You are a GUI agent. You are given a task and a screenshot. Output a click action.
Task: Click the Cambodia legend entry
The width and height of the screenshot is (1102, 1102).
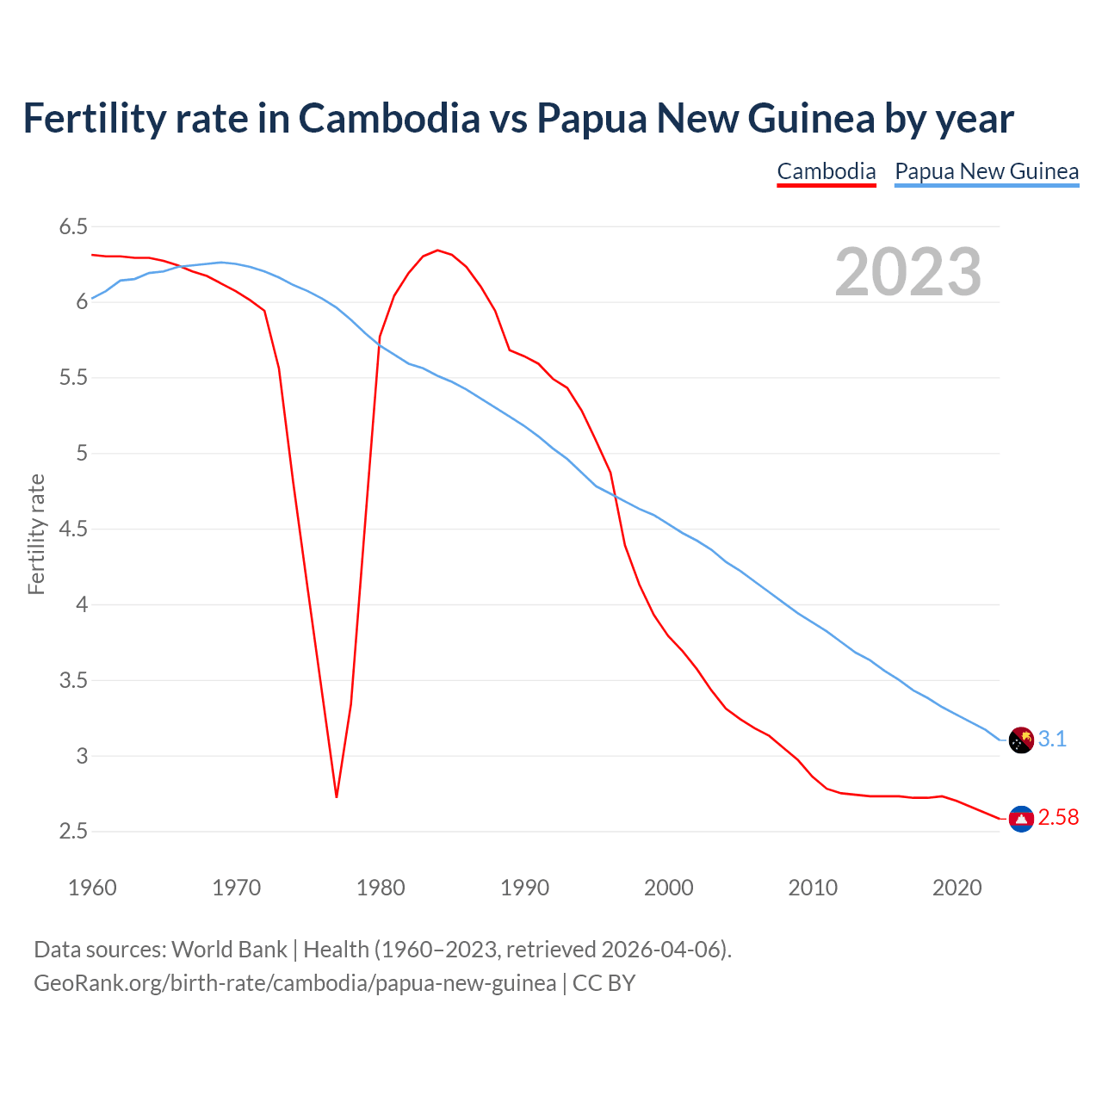point(826,171)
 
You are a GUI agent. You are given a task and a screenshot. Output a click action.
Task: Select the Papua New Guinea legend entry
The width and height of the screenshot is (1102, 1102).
point(987,171)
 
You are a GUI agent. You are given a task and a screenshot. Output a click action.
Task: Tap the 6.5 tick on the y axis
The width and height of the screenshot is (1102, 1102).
point(73,227)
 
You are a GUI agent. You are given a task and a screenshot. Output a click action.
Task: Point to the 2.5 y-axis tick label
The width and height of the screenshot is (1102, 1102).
point(73,832)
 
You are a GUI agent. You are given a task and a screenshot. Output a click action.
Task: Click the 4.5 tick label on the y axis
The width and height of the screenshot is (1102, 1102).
point(73,529)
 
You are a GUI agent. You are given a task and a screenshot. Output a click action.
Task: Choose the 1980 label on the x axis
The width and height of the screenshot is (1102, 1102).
point(381,888)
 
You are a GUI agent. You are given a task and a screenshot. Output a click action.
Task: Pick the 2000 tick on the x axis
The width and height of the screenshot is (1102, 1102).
point(668,888)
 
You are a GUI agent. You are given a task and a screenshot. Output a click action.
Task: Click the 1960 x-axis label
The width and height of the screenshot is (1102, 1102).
point(92,888)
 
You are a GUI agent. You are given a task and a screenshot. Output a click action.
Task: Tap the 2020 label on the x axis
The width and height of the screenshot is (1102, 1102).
point(957,888)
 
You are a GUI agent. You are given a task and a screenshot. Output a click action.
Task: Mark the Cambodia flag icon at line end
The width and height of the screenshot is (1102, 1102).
point(1021,819)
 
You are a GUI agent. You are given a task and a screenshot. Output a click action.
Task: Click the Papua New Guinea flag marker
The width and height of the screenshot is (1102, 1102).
point(1021,740)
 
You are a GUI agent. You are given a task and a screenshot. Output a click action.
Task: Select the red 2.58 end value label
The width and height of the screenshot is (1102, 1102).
point(1058,818)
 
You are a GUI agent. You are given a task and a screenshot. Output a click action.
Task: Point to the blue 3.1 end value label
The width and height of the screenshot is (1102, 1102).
point(1052,739)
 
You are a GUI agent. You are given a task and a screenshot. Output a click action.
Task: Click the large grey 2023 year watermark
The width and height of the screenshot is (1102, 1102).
point(907,272)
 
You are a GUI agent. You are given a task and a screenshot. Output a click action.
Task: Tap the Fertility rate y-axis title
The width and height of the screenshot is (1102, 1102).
point(36,534)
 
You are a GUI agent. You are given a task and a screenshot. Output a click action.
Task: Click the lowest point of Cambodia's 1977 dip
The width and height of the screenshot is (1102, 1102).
point(337,796)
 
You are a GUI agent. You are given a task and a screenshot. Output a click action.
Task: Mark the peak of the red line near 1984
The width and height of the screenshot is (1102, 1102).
point(437,251)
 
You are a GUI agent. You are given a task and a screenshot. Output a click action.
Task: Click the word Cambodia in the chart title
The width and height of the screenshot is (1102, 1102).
point(389,118)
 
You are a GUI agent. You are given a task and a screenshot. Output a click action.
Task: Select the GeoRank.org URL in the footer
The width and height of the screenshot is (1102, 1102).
point(294,983)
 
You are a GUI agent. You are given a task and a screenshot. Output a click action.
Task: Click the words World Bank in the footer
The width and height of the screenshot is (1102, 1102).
point(229,950)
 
